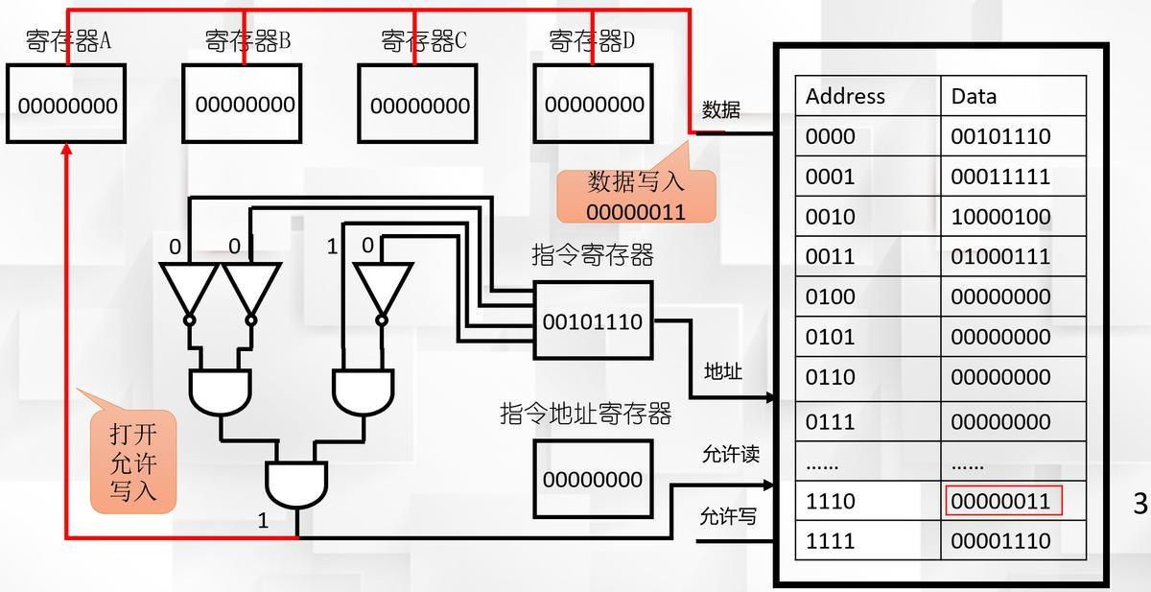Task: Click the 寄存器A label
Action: click(68, 41)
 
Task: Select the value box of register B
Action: click(243, 104)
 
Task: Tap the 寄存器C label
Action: click(423, 41)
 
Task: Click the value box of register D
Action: click(594, 104)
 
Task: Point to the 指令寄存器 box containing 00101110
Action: click(593, 320)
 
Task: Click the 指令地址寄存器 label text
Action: click(585, 414)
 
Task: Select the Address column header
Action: click(845, 96)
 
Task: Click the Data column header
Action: click(974, 96)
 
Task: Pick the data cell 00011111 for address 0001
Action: click(1000, 177)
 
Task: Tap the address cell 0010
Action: click(831, 217)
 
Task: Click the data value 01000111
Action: click(1000, 256)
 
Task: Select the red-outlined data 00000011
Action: click(1000, 501)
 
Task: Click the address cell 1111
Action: click(831, 541)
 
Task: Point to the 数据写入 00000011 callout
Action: click(636, 196)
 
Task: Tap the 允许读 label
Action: click(731, 454)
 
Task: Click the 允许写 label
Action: click(728, 517)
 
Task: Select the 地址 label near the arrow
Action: click(723, 371)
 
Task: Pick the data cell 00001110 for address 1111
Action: click(1000, 541)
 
